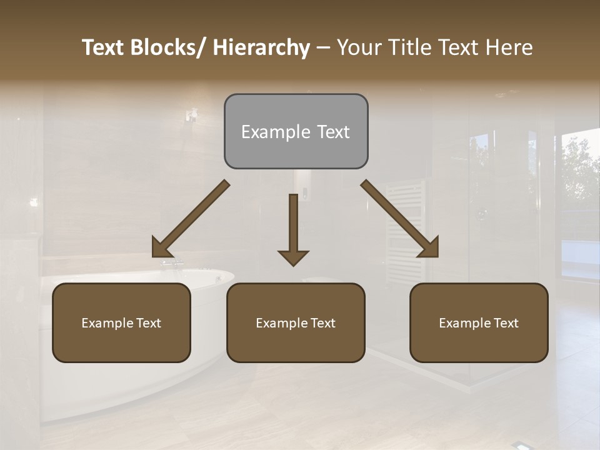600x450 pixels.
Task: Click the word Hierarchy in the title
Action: tap(261, 47)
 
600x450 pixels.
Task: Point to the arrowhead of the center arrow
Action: tap(293, 257)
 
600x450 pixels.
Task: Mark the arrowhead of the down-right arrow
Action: tap(430, 248)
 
